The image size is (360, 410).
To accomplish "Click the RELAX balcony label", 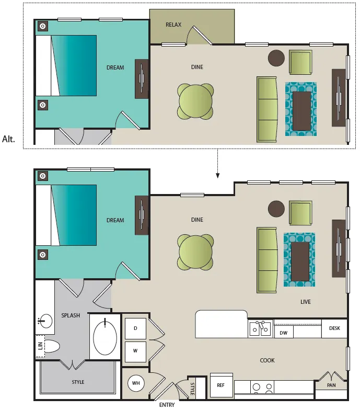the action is pos(173,25).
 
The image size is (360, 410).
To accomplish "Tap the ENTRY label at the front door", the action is pos(167,405).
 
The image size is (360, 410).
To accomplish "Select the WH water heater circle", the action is pos(136,383).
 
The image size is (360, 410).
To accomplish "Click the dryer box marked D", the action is pos(135,328).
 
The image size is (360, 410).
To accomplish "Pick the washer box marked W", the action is pos(135,351).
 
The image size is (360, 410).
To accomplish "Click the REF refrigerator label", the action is pos(220,385).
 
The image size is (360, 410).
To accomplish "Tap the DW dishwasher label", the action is pos(283,333).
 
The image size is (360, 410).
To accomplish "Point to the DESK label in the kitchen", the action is pos(334,328).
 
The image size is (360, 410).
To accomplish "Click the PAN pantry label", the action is pos(331,385).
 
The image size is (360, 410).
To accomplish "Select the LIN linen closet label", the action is pos(40,346).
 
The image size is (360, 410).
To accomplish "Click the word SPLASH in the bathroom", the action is pos(71,316).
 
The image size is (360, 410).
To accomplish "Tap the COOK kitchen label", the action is pos(267,360).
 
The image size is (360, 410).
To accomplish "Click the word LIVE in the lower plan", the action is pos(305,302).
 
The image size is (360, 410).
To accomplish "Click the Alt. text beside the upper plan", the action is pos(8,139).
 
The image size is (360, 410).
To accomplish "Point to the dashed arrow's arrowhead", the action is pos(217,176).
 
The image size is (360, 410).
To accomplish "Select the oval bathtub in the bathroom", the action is pos(105,338).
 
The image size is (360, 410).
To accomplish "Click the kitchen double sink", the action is pos(260,328).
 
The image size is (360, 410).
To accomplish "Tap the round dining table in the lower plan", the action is pos(195,252).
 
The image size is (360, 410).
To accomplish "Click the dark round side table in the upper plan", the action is pos(276,58).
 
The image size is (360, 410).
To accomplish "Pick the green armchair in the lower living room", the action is pos(300,212).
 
